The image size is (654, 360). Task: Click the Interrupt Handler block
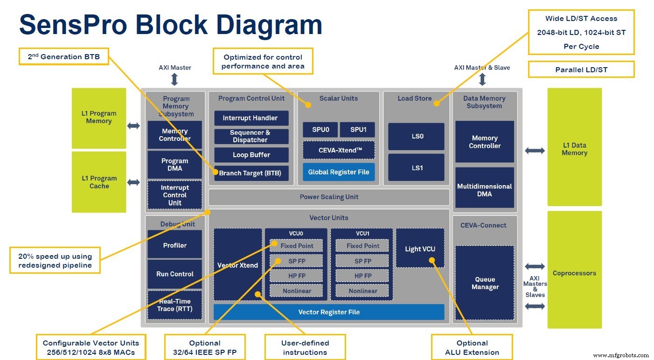click(251, 118)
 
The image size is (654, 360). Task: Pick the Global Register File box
click(338, 172)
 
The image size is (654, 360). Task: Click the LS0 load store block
click(416, 137)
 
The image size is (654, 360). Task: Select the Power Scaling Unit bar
click(329, 197)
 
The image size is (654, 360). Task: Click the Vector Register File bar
click(329, 312)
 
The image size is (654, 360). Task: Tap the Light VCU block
click(420, 248)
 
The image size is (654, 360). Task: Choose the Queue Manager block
click(484, 283)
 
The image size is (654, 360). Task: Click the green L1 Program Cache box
click(99, 182)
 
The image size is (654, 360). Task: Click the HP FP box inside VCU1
click(362, 276)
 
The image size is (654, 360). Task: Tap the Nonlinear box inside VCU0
click(297, 291)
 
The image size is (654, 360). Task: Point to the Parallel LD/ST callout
click(581, 69)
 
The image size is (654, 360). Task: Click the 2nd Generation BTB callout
click(63, 57)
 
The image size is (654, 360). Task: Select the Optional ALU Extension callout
click(472, 347)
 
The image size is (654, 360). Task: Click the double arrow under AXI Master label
click(174, 79)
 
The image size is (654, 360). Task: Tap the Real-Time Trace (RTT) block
click(174, 305)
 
